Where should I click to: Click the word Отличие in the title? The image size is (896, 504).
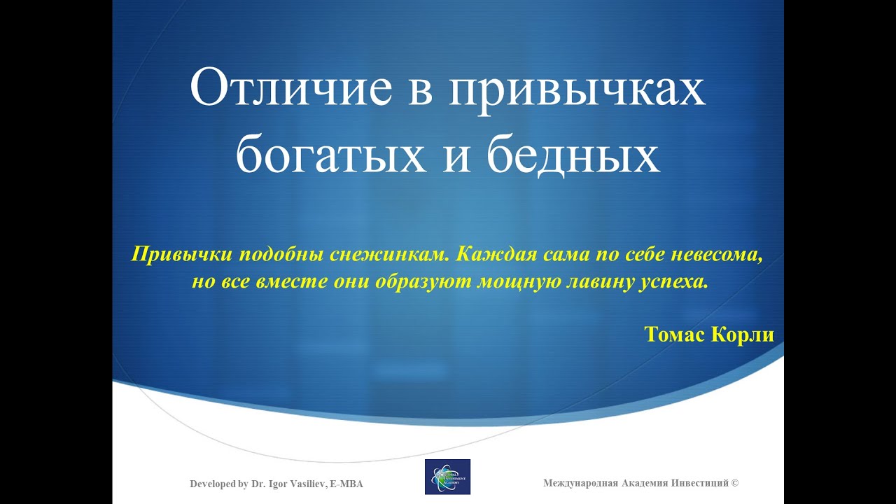point(290,88)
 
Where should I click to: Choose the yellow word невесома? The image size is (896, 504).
point(716,255)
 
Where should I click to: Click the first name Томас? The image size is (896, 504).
point(675,335)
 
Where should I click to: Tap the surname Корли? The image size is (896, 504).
point(743,335)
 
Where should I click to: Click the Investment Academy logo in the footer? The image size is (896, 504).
point(447,477)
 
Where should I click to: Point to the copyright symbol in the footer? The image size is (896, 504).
point(735,483)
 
